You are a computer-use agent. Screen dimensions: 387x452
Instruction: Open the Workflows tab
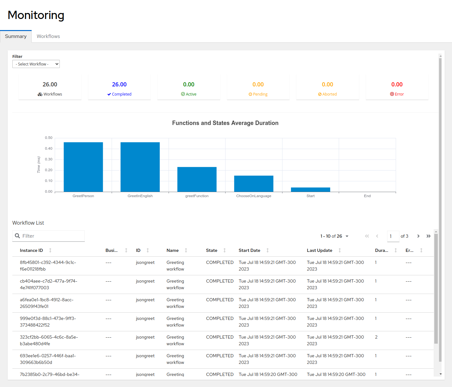(x=48, y=36)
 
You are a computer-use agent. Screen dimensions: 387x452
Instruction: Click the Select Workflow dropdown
(x=36, y=64)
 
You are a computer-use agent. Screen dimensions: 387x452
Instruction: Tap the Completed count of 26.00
(x=119, y=84)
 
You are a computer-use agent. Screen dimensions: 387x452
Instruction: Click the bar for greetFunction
(x=197, y=179)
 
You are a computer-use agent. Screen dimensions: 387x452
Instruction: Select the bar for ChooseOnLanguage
(x=254, y=184)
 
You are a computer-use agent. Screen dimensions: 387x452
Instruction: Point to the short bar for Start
(x=310, y=190)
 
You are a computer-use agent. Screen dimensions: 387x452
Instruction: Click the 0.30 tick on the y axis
(x=49, y=159)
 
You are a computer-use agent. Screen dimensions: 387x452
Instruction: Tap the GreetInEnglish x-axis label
(x=140, y=196)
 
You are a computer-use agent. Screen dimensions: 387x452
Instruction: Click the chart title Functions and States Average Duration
(x=225, y=123)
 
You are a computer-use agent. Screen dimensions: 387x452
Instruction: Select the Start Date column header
(x=249, y=250)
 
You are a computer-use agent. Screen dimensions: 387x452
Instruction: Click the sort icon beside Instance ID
(x=50, y=250)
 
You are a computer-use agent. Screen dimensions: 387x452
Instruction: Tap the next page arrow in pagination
(x=418, y=236)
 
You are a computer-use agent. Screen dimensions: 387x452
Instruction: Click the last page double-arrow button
(x=428, y=236)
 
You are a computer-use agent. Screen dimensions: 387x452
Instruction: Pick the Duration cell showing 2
(x=376, y=337)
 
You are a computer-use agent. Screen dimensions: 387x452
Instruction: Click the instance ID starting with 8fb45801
(x=48, y=265)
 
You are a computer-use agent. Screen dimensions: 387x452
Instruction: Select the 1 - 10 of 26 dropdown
(x=334, y=236)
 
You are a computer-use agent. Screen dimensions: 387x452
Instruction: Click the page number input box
(x=393, y=236)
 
